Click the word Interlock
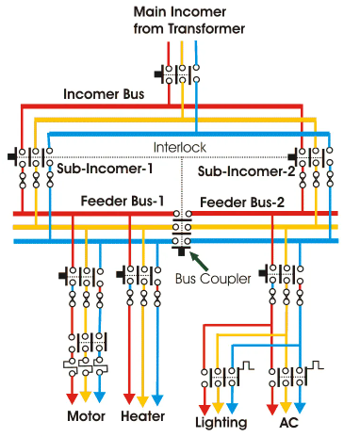point(180,147)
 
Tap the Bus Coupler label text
point(213,279)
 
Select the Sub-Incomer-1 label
point(105,169)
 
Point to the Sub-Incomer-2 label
point(247,171)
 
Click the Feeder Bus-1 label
point(123,201)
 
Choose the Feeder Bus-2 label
point(242,202)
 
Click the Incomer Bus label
point(104,94)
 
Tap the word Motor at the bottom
point(86,416)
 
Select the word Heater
point(143,416)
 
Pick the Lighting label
point(221,423)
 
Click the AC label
point(288,423)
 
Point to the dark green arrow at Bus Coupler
point(199,261)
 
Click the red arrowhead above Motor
point(73,398)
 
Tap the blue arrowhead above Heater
point(157,400)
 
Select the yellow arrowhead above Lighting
point(218,408)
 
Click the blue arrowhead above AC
point(300,408)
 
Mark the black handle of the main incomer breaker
point(158,74)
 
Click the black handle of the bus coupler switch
point(181,251)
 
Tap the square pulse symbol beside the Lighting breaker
point(247,365)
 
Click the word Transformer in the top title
point(206,29)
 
